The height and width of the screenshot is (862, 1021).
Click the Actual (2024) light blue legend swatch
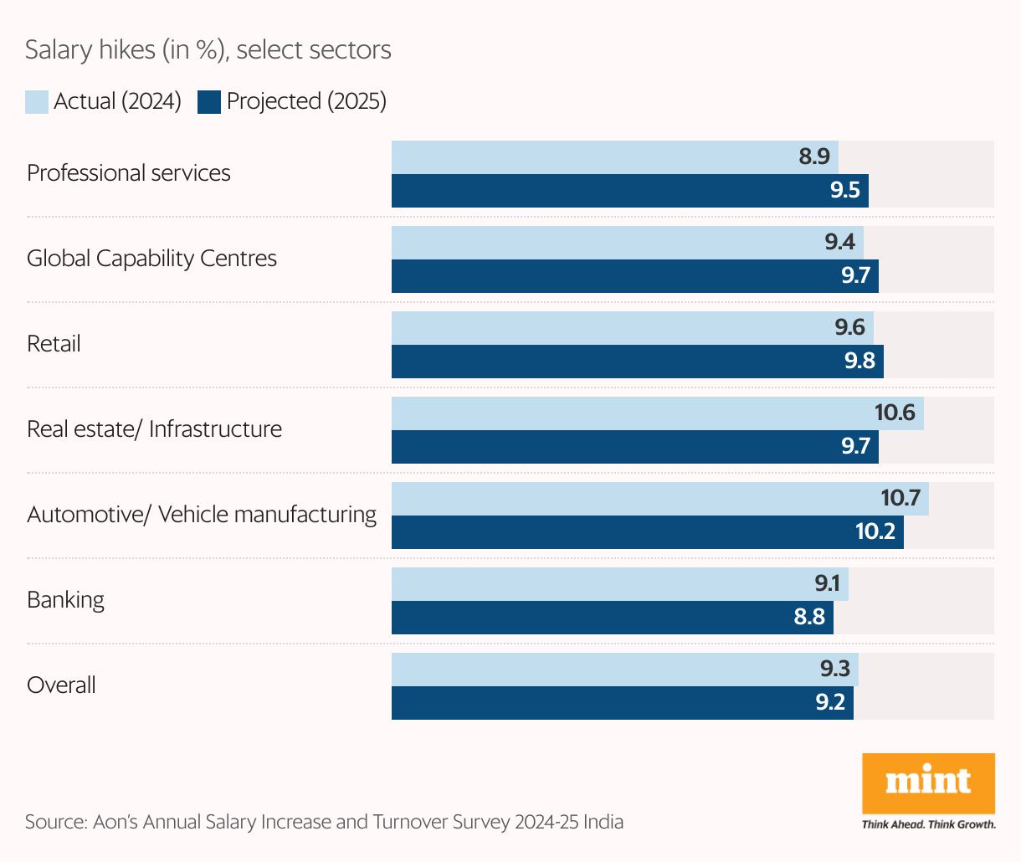[x=37, y=101]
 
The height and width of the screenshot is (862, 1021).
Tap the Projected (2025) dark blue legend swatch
[x=209, y=101]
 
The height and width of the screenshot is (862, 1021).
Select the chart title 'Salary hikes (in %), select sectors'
[x=208, y=50]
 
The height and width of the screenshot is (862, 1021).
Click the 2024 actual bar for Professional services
[x=586, y=157]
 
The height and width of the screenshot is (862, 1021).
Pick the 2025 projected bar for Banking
[x=586, y=618]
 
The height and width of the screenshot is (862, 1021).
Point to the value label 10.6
[x=895, y=413]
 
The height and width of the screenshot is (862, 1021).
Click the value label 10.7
[x=900, y=498]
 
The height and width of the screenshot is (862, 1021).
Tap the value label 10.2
[x=875, y=531]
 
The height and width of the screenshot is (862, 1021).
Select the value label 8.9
[x=814, y=156]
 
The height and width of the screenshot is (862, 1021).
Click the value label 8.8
[x=809, y=617]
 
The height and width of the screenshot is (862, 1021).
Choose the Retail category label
[x=54, y=344]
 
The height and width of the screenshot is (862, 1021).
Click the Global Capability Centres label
[x=151, y=259]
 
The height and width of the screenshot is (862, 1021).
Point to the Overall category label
[x=61, y=685]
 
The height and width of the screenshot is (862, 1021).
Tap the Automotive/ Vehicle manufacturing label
[x=202, y=515]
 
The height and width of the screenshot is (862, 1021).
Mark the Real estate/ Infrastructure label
[x=154, y=429]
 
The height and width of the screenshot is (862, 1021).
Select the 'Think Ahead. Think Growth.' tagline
[x=928, y=824]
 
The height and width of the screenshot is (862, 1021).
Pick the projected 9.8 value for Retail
[x=859, y=361]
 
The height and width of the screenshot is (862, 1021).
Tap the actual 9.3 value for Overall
[x=834, y=669]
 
